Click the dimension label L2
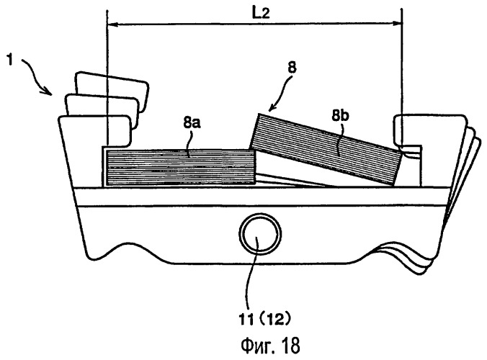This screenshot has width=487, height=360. pos(251,12)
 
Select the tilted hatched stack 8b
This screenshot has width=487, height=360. pos(324,148)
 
